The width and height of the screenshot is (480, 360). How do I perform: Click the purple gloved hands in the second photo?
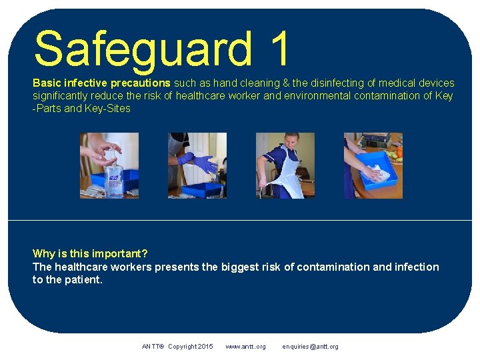(x=201, y=162)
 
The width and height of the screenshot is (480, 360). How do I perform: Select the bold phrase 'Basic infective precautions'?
(x=102, y=83)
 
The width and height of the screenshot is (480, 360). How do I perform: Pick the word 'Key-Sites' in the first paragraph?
(x=108, y=109)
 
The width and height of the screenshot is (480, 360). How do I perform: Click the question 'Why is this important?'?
(x=90, y=253)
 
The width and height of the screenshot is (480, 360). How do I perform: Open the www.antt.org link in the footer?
(x=245, y=347)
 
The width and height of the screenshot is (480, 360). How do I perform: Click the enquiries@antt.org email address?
(x=310, y=347)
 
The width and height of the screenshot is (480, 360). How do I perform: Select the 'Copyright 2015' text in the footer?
(x=191, y=347)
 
